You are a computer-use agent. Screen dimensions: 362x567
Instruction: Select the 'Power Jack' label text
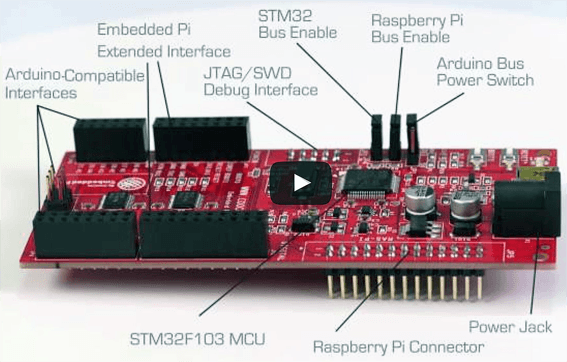pyautogui.click(x=509, y=326)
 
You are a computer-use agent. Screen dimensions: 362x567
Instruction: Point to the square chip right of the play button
pyautogui.click(x=361, y=181)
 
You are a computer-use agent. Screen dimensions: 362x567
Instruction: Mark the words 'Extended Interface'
pyautogui.click(x=164, y=50)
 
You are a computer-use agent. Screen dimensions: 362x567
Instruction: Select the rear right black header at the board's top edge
pyautogui.click(x=200, y=137)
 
